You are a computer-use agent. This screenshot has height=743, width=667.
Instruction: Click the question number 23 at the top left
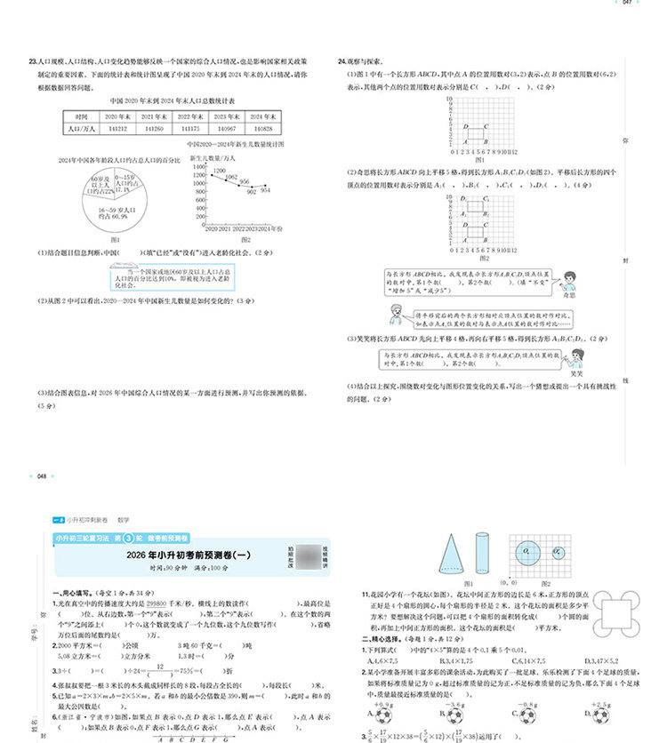pyautogui.click(x=32, y=61)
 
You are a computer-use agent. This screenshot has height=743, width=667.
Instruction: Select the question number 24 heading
pyautogui.click(x=342, y=61)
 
